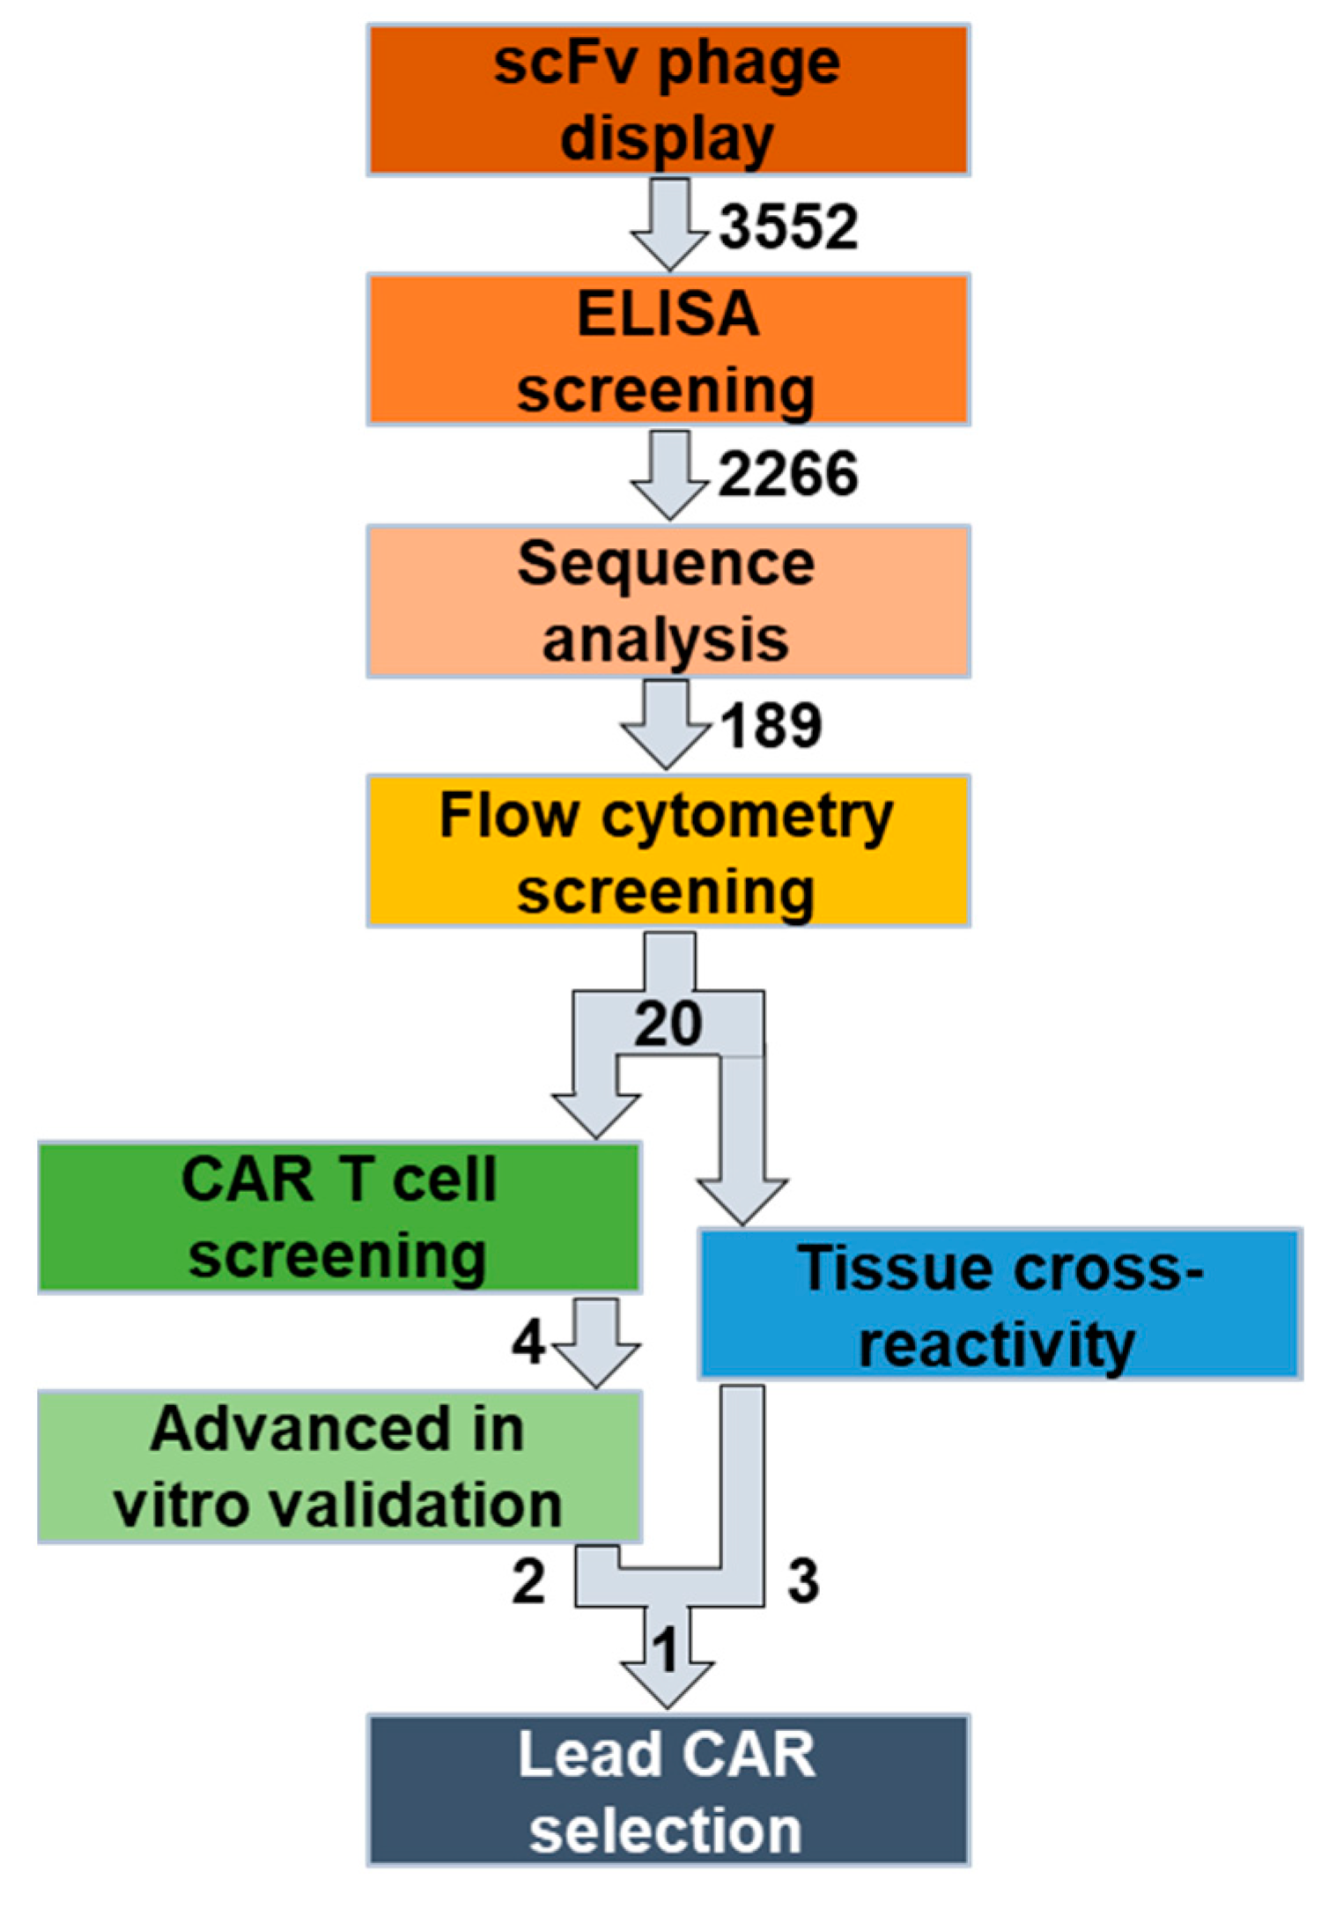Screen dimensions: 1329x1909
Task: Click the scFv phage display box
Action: tap(668, 100)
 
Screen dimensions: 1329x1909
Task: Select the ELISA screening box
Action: tap(668, 350)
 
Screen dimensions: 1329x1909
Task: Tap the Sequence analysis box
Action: tap(668, 601)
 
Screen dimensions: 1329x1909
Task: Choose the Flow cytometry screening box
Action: tap(668, 851)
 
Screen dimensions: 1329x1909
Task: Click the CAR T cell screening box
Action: tap(339, 1217)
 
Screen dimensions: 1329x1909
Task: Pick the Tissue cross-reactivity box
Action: tap(1000, 1303)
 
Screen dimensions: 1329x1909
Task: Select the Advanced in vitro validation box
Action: tap(339, 1467)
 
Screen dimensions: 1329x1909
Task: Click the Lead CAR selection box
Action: tap(668, 1790)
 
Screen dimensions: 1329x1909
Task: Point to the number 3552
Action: tap(788, 226)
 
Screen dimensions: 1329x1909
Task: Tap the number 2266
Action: tap(788, 475)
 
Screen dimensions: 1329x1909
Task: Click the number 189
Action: tap(772, 726)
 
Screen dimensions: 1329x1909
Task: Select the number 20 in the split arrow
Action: tap(668, 1024)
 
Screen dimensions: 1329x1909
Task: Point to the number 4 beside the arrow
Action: tap(528, 1343)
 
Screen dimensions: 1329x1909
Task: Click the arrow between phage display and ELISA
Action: tap(669, 224)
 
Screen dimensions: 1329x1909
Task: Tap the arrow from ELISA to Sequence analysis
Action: tap(669, 474)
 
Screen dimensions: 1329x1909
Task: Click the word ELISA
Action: tap(668, 314)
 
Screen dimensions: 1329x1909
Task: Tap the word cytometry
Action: tap(747, 818)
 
